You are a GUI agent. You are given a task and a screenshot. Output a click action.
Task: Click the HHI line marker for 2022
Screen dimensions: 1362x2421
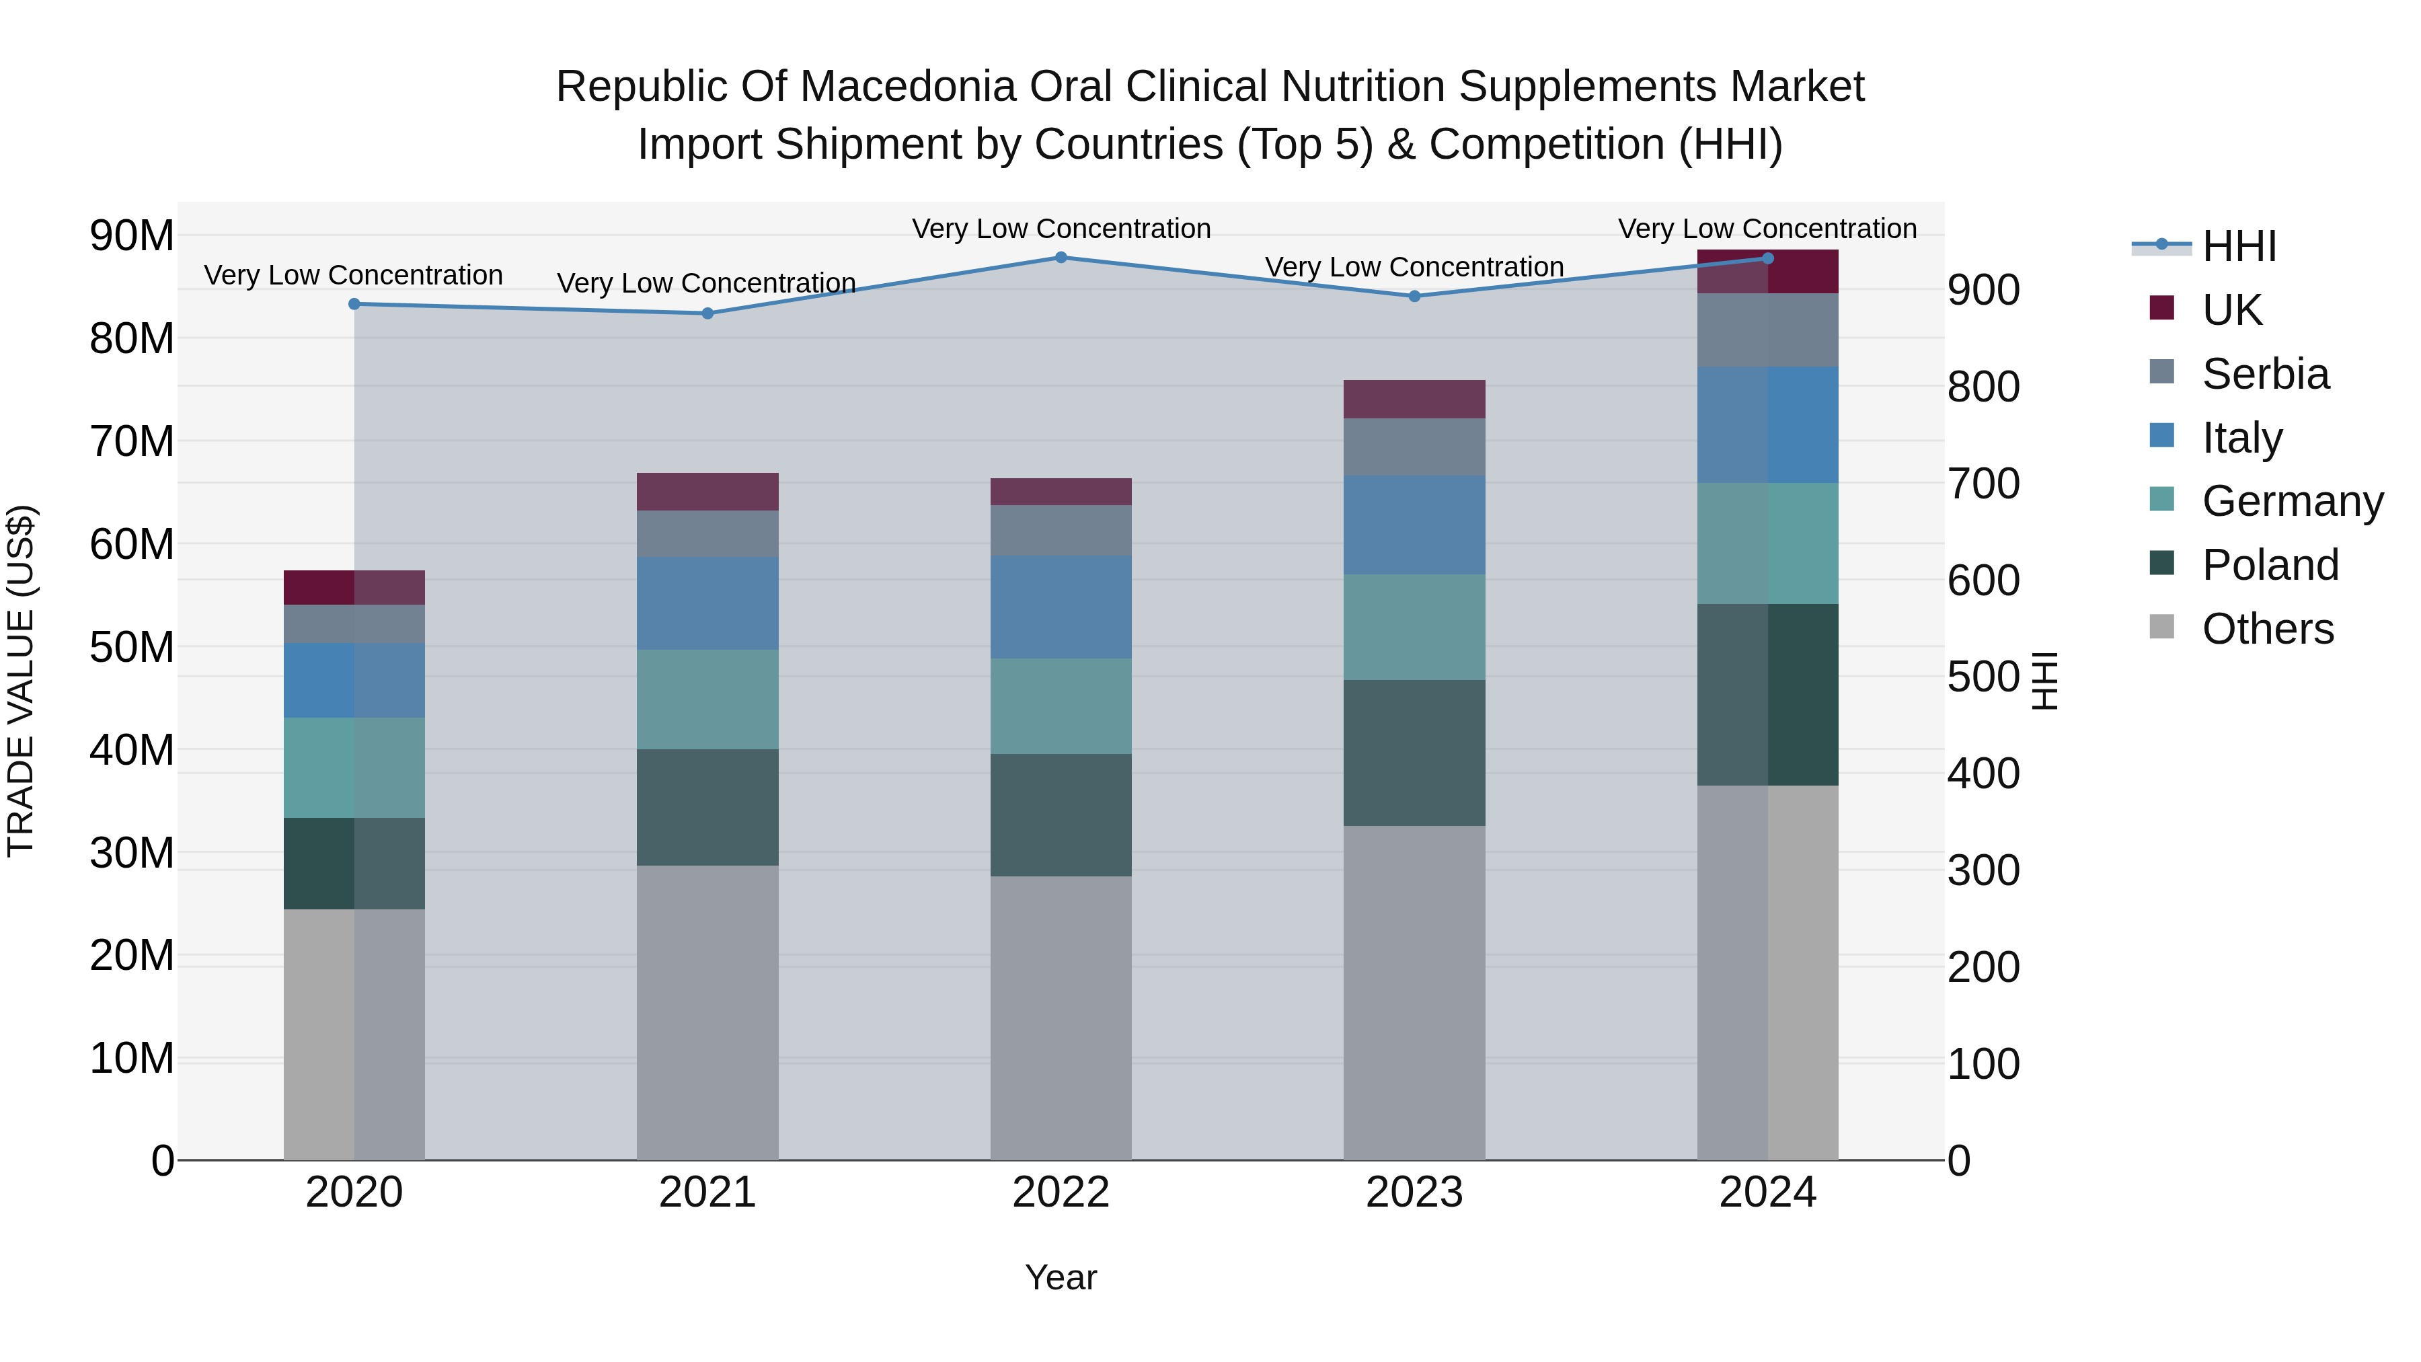pyautogui.click(x=1061, y=258)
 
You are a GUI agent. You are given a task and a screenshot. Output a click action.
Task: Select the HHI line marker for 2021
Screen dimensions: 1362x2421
pyautogui.click(x=707, y=314)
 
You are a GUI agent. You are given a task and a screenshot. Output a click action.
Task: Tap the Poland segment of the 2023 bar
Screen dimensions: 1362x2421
pyautogui.click(x=1414, y=753)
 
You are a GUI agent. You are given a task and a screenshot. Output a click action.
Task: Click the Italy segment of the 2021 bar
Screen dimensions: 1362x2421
pyautogui.click(x=707, y=603)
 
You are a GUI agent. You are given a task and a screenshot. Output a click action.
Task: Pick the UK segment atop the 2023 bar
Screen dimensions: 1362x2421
pyautogui.click(x=1414, y=400)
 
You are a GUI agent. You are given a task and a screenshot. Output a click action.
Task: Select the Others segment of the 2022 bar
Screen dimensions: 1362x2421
pyautogui.click(x=1061, y=1018)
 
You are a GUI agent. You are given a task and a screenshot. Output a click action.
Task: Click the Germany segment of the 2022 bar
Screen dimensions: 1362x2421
pyautogui.click(x=1061, y=706)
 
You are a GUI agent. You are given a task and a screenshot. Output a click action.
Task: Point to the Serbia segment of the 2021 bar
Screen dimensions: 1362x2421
pyautogui.click(x=707, y=534)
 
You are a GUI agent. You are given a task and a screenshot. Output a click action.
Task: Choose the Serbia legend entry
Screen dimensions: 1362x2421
pyautogui.click(x=2264, y=374)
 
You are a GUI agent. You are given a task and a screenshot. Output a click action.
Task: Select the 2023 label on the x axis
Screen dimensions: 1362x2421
pyautogui.click(x=1414, y=1193)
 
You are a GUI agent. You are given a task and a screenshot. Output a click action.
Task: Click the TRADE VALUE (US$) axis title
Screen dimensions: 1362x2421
pyautogui.click(x=21, y=681)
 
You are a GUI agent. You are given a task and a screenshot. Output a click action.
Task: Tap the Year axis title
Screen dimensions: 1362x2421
pyautogui.click(x=1061, y=1277)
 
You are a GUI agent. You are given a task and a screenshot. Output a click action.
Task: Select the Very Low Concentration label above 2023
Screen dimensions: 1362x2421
pyautogui.click(x=1414, y=267)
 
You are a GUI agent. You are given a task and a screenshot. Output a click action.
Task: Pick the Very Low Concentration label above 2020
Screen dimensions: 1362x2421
pyautogui.click(x=353, y=275)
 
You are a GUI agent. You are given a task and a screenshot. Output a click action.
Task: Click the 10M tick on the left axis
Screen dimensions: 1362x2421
pyautogui.click(x=132, y=1059)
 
